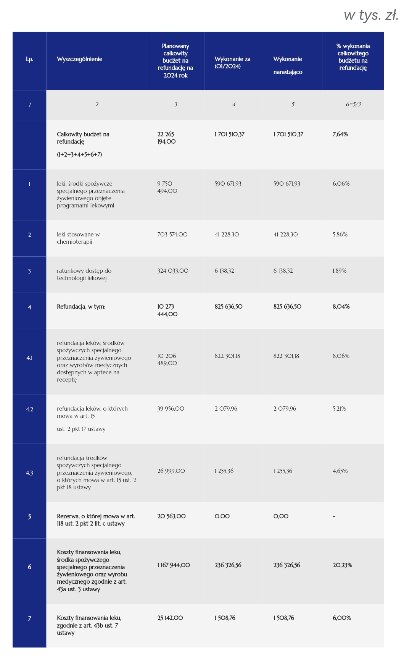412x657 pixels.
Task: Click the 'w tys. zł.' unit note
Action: pos(371,15)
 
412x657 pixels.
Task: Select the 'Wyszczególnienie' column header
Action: pos(79,59)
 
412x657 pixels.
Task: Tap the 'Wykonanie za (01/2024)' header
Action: pos(232,63)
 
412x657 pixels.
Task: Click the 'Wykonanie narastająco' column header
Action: pos(288,65)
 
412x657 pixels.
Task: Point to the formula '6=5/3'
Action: pos(353,104)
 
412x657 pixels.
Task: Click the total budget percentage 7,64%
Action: pos(340,134)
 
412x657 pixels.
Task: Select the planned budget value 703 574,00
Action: pos(172,235)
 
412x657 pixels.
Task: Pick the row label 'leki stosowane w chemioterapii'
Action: pos(78,238)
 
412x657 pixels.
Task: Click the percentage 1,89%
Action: pos(340,271)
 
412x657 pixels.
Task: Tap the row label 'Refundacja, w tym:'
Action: pos(81,307)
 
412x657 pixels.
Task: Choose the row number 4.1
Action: pos(29,358)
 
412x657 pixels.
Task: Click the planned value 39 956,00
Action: pos(171,409)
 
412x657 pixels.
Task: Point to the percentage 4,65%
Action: pos(340,471)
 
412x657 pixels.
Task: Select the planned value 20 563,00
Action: pos(171,516)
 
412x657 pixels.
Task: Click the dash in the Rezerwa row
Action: pos(334,516)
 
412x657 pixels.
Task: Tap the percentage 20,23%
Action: pos(342,565)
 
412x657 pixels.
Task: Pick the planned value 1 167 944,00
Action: pos(174,565)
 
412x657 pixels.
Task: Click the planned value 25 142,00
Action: pos(170,618)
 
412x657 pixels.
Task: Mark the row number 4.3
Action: pos(29,473)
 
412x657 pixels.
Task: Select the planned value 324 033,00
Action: pos(173,271)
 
